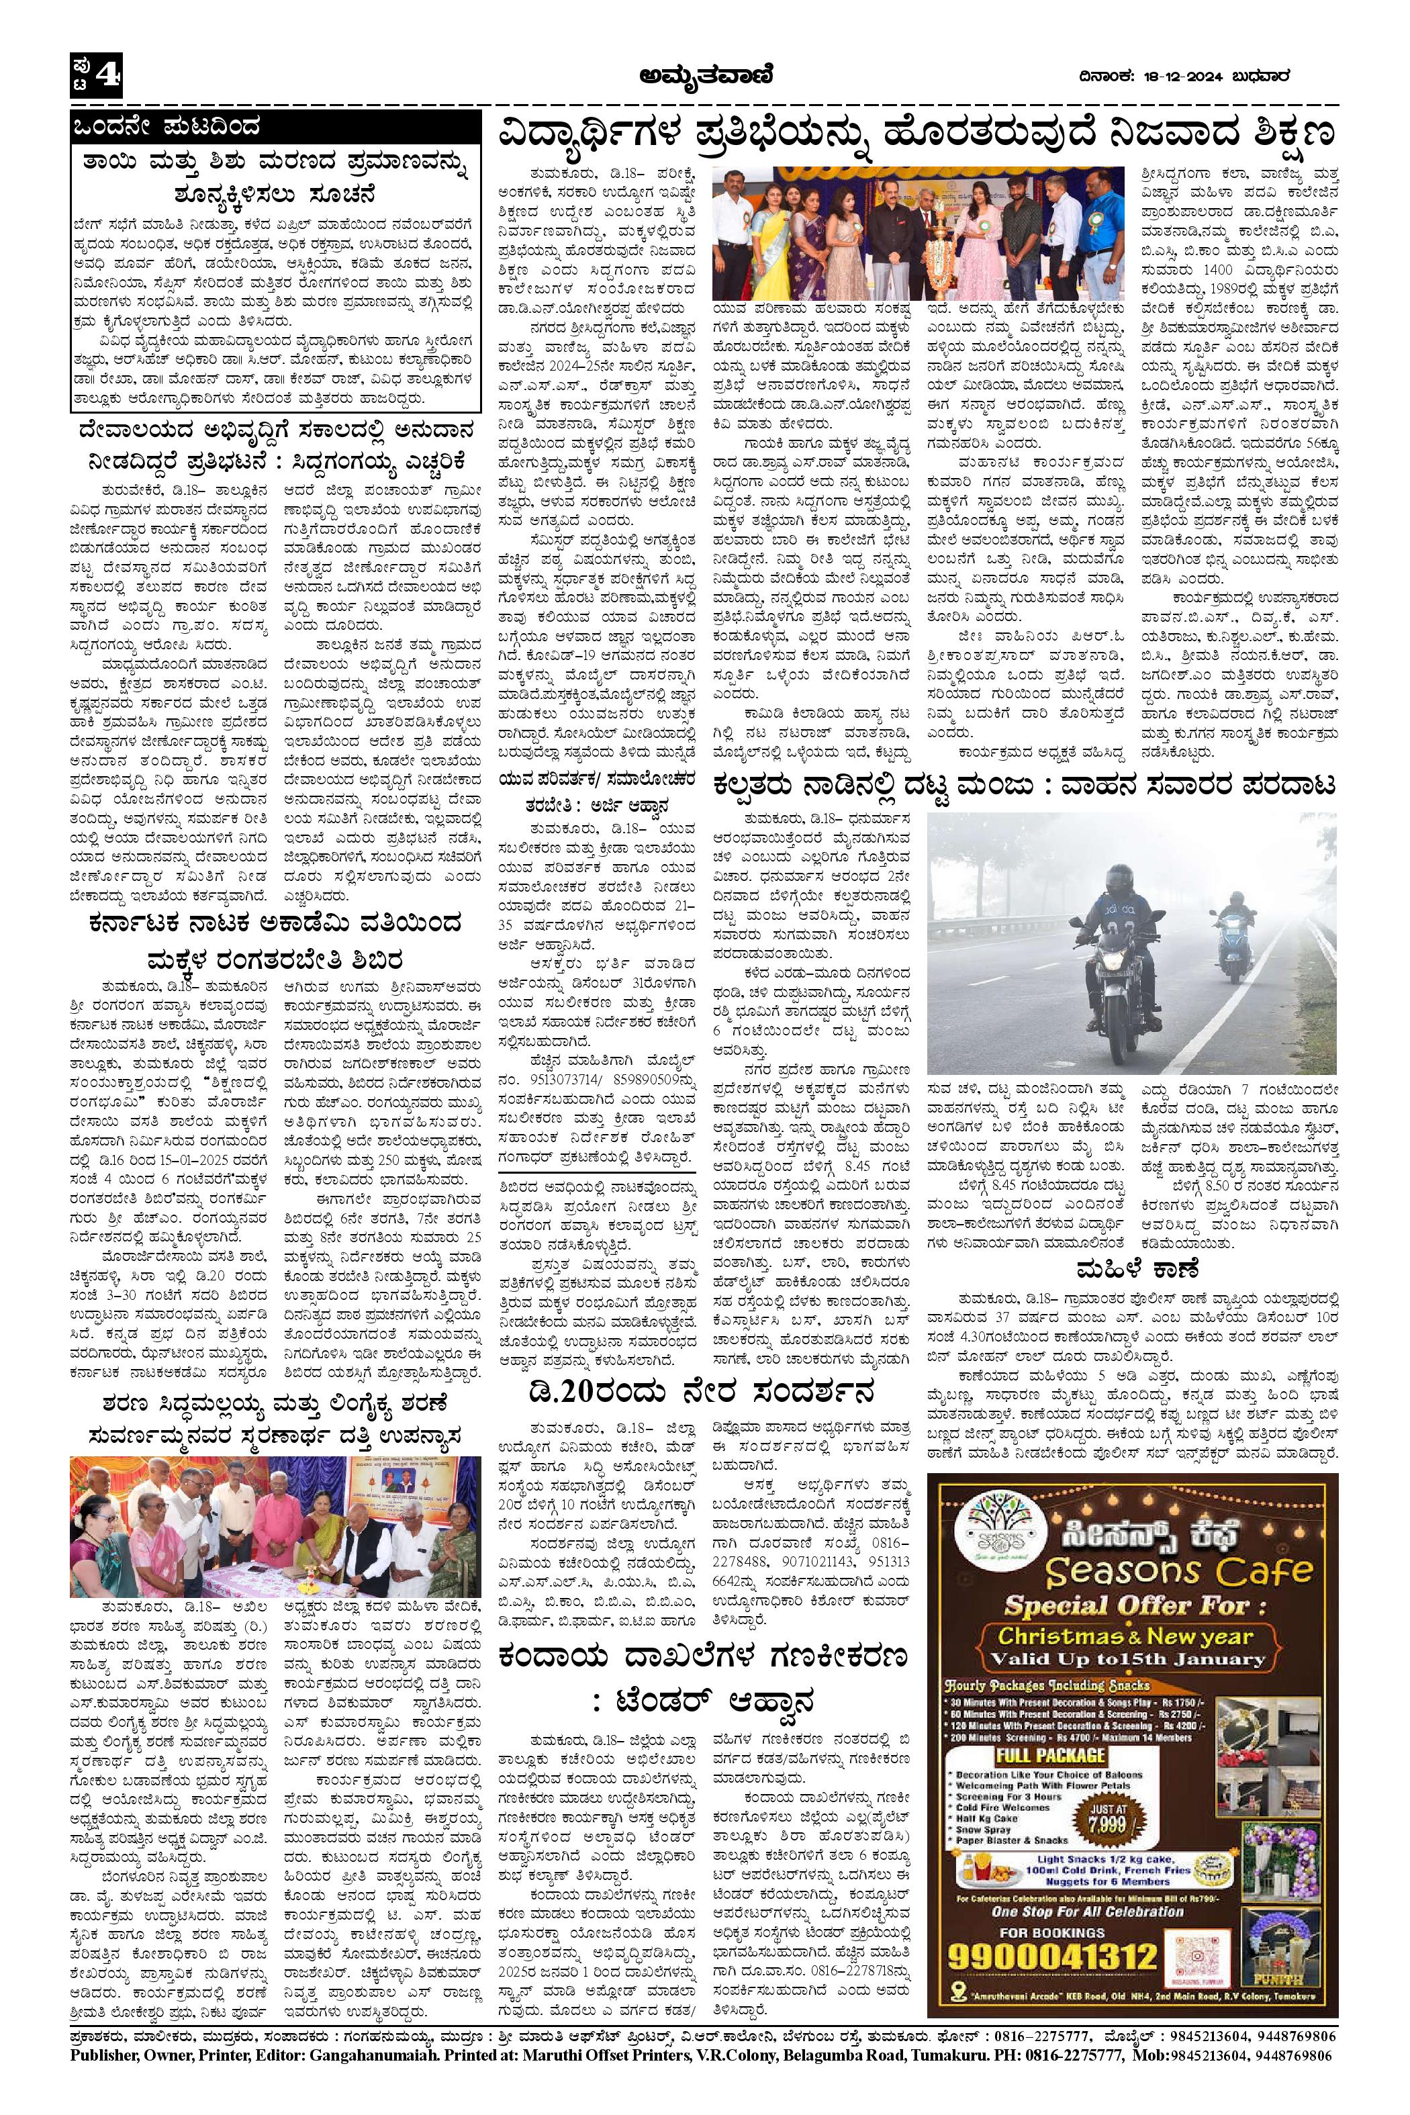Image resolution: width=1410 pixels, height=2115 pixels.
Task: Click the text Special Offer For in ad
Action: pos(1127,1606)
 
